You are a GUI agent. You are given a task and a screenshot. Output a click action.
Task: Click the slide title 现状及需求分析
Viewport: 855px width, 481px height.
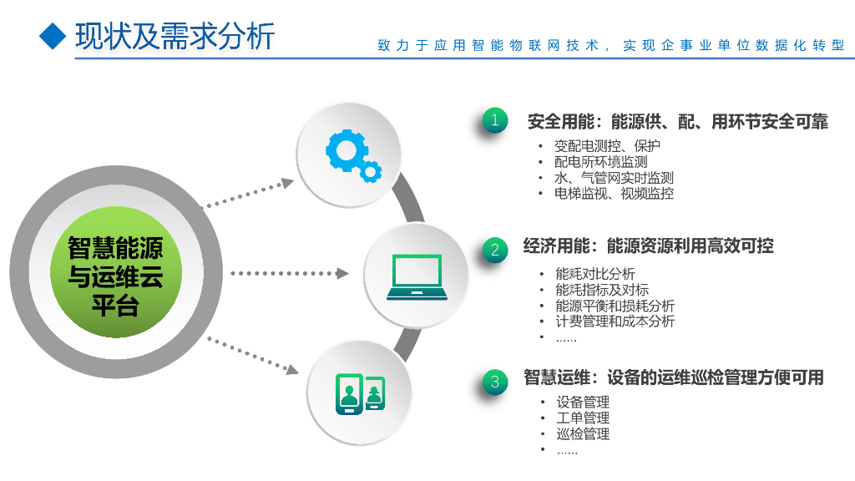[x=175, y=36]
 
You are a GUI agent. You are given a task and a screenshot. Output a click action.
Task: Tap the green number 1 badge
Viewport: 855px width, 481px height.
[x=495, y=120]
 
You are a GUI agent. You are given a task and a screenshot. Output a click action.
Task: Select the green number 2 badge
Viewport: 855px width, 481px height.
[x=495, y=249]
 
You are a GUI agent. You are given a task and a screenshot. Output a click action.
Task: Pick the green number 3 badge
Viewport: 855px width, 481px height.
[x=495, y=382]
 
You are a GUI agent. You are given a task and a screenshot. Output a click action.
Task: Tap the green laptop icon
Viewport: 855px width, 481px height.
[x=416, y=276]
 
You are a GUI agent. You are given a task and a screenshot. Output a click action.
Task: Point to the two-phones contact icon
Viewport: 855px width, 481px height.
[x=360, y=394]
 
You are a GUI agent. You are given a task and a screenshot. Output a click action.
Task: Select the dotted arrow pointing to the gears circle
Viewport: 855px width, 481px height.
[x=250, y=191]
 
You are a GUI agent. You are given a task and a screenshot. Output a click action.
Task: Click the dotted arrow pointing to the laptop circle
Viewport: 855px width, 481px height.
[x=289, y=273]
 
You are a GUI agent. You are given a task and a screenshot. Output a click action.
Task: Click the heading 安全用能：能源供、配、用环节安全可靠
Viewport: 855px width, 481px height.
[x=677, y=122]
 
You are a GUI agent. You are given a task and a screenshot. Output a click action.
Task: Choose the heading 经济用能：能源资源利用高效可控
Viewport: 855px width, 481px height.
[x=648, y=246]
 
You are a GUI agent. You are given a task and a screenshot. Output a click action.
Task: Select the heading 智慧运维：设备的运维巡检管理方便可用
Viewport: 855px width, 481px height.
[x=673, y=377]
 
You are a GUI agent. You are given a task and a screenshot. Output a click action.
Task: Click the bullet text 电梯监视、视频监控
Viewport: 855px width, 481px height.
[x=614, y=194]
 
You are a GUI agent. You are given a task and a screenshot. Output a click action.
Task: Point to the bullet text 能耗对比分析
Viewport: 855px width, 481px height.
[x=594, y=274]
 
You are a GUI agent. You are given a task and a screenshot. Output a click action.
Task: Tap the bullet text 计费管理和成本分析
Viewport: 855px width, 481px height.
[x=615, y=322]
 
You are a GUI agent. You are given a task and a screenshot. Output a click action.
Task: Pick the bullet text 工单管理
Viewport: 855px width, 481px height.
[x=583, y=418]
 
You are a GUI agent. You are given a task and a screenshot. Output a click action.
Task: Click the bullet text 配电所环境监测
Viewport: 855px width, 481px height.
[x=600, y=162]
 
